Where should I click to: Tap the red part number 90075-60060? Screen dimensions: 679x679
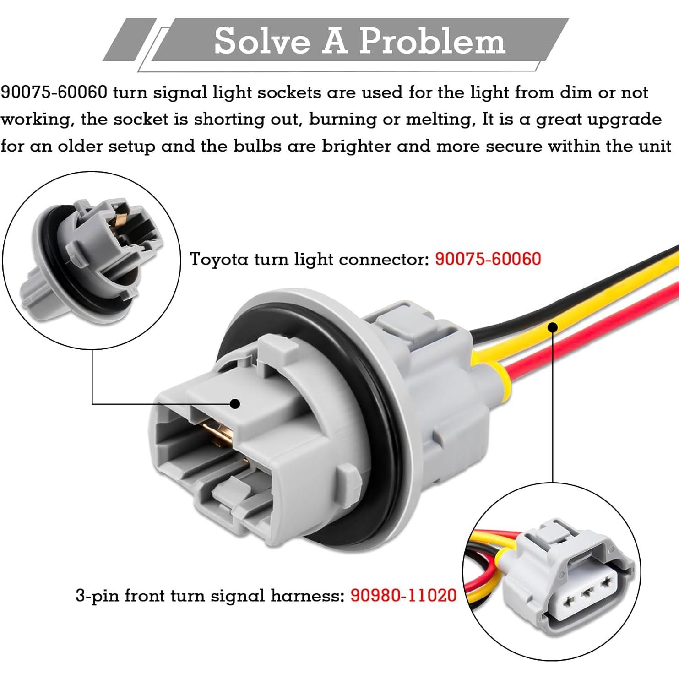(488, 259)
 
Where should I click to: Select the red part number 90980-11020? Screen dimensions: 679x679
(403, 595)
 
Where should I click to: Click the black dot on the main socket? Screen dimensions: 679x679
(235, 403)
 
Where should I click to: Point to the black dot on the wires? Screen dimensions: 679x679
(553, 327)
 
